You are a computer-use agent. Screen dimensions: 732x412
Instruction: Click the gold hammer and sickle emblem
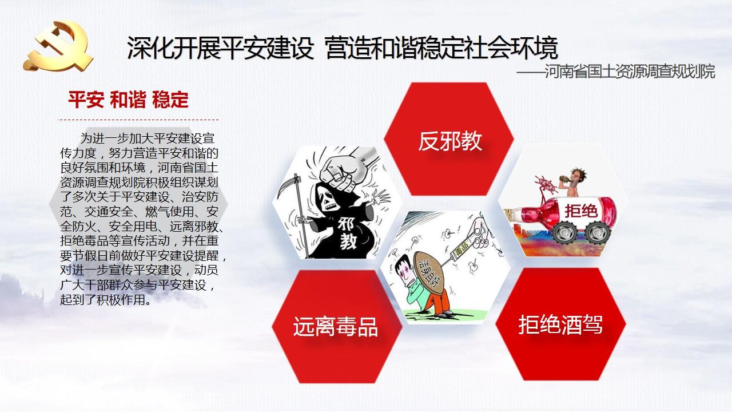58,46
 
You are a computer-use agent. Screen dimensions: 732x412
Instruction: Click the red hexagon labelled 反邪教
449,139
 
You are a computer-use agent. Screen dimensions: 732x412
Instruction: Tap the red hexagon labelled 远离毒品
337,326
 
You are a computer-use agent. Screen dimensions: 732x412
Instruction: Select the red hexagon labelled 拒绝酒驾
561,324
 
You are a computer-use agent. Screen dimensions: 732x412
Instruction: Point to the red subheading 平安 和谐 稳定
128,100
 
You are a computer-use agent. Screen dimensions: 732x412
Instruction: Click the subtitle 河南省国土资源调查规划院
630,72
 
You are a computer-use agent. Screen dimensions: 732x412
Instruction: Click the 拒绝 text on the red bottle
581,211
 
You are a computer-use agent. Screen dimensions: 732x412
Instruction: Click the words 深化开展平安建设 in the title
221,48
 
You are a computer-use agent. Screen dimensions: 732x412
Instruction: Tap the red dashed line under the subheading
138,120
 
